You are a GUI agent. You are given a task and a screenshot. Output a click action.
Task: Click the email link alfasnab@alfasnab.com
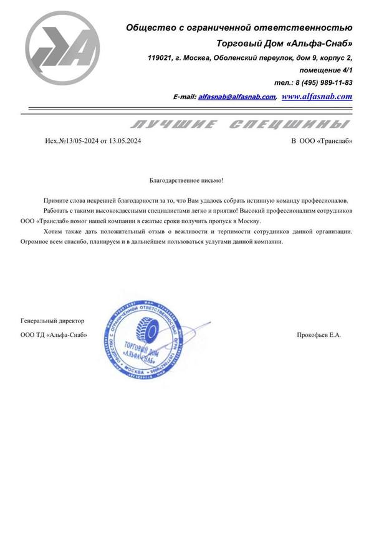click(236, 97)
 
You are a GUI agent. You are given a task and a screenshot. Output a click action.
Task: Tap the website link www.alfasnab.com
click(317, 97)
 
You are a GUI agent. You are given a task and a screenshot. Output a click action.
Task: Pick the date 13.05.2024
click(125, 142)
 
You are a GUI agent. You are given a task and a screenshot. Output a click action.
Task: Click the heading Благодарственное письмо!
click(186, 180)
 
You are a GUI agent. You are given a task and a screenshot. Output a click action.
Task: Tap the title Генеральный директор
click(52, 321)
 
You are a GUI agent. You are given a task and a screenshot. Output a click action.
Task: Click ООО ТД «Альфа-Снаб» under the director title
click(54, 335)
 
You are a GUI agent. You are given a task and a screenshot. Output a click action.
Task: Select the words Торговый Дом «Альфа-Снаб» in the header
click(284, 43)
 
